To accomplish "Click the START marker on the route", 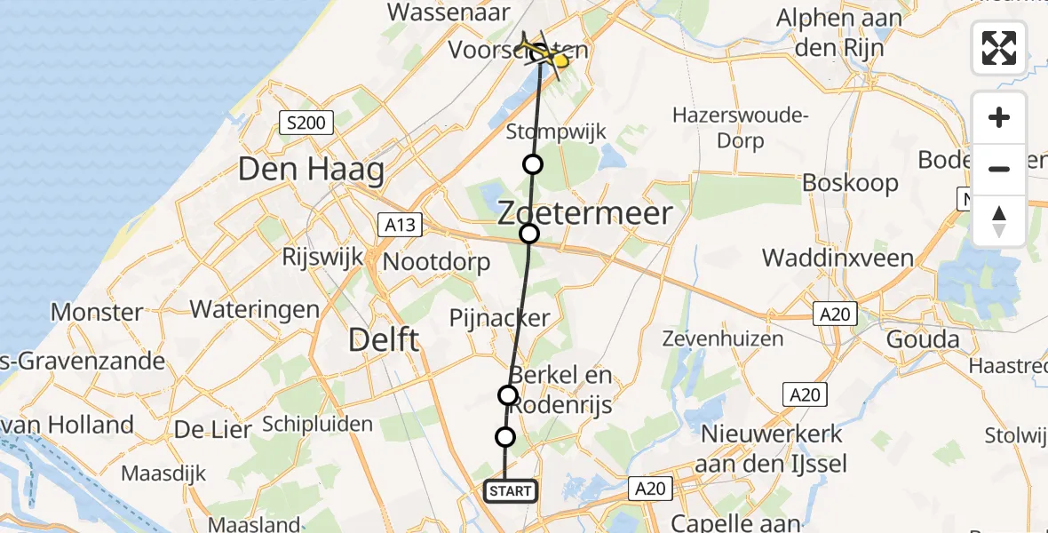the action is [x=511, y=490].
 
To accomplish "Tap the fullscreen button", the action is [x=999, y=48].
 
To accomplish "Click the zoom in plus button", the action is [x=999, y=117].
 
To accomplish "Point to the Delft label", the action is [x=384, y=339].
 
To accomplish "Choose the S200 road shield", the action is [x=306, y=123].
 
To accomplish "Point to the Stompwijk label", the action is [x=556, y=132].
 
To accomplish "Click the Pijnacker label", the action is [x=499, y=318].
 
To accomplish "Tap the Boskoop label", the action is [x=850, y=183].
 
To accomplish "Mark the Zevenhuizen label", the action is [x=723, y=338].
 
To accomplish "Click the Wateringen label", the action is [x=255, y=309].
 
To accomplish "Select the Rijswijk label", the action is [x=322, y=257].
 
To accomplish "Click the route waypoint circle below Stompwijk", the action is [x=532, y=164].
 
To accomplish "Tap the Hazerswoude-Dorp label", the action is [x=740, y=127].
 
